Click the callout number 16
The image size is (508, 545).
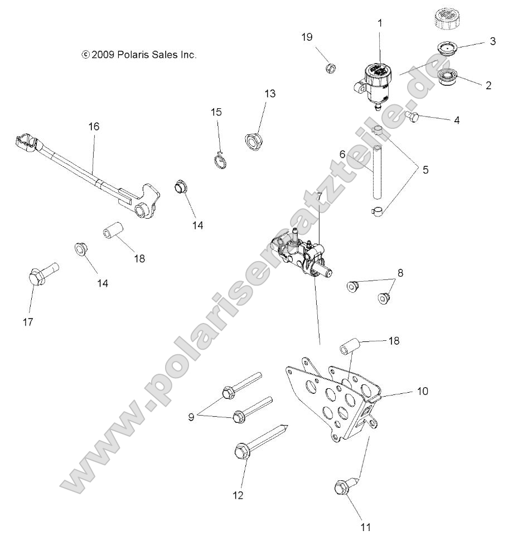(x=94, y=127)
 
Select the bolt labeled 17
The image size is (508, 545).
(x=41, y=274)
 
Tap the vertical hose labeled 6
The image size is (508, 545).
(x=378, y=172)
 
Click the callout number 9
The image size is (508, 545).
(x=191, y=416)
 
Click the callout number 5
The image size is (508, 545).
(x=425, y=169)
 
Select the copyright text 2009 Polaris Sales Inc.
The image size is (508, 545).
(x=139, y=55)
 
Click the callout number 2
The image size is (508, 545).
(x=488, y=85)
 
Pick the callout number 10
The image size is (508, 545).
(x=422, y=391)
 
